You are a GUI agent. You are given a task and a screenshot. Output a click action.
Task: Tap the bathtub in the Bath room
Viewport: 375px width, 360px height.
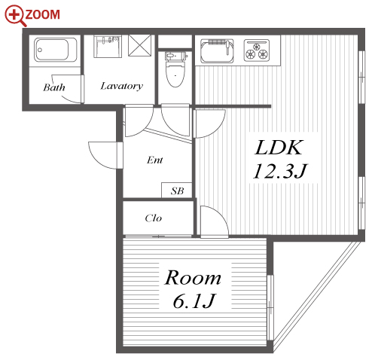click(56, 50)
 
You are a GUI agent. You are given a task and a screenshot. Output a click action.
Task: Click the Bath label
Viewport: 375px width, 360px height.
click(54, 87)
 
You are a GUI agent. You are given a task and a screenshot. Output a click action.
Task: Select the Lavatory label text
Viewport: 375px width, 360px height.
click(122, 86)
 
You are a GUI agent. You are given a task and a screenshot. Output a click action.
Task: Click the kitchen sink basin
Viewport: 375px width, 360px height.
click(217, 51)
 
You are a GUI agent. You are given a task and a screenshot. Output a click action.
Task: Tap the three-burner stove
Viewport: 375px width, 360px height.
click(257, 50)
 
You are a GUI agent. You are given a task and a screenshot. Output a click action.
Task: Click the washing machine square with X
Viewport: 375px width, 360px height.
click(140, 45)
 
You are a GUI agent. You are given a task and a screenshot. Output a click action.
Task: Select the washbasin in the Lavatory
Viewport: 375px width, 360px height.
click(108, 47)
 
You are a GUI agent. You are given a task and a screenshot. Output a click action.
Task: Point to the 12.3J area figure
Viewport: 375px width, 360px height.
click(279, 171)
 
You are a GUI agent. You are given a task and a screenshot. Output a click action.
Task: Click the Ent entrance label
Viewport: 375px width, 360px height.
click(155, 160)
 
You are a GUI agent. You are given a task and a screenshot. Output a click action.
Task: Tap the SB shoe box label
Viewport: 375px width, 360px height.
click(177, 191)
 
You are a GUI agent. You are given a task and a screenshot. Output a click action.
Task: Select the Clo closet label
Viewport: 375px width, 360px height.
click(154, 218)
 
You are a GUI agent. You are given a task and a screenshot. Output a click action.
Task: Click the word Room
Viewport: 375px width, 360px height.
click(193, 277)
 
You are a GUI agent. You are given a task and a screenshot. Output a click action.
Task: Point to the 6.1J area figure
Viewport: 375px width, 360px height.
click(194, 301)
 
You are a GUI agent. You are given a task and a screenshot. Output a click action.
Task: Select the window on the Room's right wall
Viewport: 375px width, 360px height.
click(270, 307)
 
